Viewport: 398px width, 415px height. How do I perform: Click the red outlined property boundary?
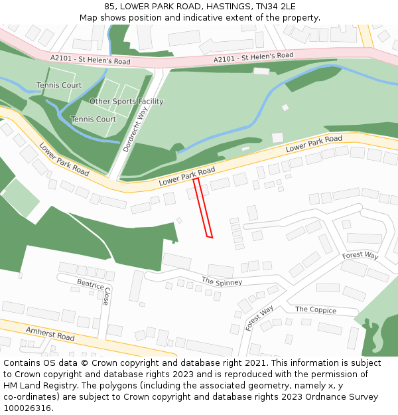202,207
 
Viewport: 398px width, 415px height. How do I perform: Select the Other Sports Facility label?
126,102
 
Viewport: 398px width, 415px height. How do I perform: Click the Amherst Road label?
50,333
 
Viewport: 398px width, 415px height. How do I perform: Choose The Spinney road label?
222,281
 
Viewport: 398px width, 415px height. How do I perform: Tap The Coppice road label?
316,309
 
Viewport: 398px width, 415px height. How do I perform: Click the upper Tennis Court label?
59,85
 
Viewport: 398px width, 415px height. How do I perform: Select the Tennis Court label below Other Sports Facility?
94,120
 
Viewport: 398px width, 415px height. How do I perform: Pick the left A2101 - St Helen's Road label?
90,60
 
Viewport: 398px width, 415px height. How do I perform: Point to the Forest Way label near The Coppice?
259,318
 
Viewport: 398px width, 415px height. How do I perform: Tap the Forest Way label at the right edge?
360,256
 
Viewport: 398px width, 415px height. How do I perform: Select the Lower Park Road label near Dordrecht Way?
187,176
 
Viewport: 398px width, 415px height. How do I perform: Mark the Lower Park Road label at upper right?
314,143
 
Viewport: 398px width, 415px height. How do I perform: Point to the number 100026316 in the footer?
27,408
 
